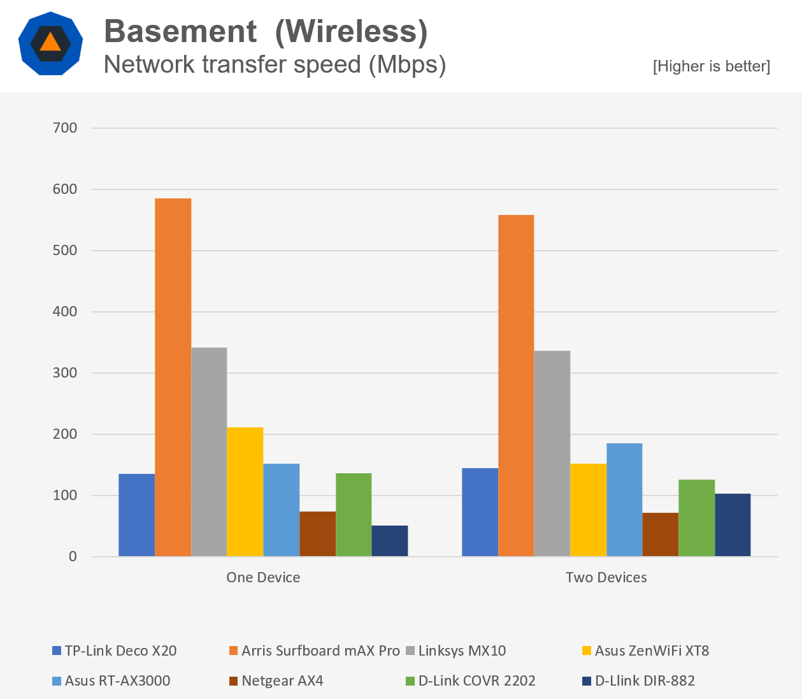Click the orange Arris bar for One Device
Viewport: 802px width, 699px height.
coord(173,377)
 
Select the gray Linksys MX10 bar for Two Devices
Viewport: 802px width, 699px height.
coord(552,453)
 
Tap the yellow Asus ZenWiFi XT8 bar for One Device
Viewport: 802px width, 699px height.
coord(245,492)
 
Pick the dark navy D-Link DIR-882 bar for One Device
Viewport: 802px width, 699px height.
coord(390,541)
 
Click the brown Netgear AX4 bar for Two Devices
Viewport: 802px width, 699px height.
coord(661,534)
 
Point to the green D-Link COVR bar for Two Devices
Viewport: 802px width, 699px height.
coord(697,518)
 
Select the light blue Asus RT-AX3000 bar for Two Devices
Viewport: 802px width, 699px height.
coord(624,499)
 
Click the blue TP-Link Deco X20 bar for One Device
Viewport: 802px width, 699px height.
coord(136,515)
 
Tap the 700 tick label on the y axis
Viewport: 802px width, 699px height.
coord(64,128)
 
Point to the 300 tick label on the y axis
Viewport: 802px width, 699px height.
coord(64,373)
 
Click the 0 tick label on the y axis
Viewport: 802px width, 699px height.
coord(73,557)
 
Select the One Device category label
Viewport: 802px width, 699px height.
coord(263,578)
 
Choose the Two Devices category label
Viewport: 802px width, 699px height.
coord(606,578)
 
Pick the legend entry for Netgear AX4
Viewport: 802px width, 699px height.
coord(282,681)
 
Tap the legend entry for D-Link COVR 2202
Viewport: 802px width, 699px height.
coord(476,681)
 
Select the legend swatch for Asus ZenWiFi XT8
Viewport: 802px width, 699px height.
coord(587,651)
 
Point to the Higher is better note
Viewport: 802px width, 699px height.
coord(712,66)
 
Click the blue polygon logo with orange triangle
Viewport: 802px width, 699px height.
coord(50,43)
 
